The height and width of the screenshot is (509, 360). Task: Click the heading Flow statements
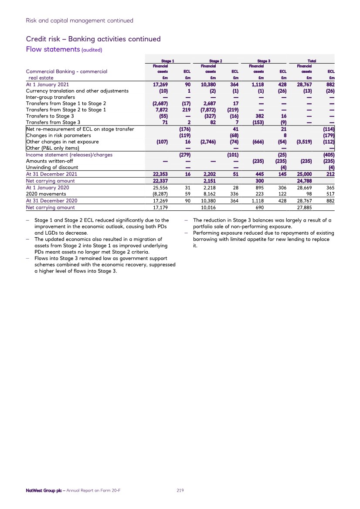point(52,49)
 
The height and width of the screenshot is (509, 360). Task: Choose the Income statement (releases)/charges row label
point(69,155)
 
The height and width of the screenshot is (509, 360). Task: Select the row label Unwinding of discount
point(52,168)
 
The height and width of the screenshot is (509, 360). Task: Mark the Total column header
point(312,61)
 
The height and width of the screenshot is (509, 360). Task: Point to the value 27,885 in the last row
point(305,208)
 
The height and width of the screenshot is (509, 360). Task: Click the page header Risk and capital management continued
point(79,20)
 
